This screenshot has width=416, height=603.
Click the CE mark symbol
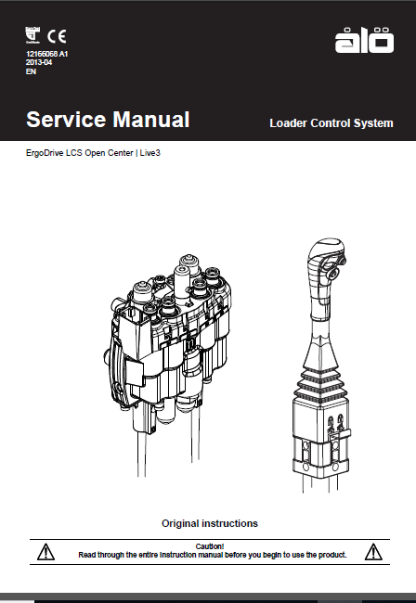pyautogui.click(x=57, y=36)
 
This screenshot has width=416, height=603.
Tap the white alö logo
pyautogui.click(x=364, y=40)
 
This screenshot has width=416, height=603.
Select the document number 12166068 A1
pyautogui.click(x=47, y=54)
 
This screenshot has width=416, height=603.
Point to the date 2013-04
pyautogui.click(x=39, y=62)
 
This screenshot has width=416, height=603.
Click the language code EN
pyautogui.click(x=31, y=71)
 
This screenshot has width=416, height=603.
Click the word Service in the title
pyautogui.click(x=66, y=120)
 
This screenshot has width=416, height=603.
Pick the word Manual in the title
pyautogui.click(x=151, y=120)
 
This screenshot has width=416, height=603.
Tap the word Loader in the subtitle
pyautogui.click(x=288, y=123)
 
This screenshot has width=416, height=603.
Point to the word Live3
pyautogui.click(x=149, y=153)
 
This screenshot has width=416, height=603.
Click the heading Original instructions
pyautogui.click(x=210, y=523)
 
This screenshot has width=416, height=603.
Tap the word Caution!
pyautogui.click(x=210, y=546)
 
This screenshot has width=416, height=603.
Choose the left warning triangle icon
pyautogui.click(x=45, y=552)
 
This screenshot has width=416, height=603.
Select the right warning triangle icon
pyautogui.click(x=373, y=552)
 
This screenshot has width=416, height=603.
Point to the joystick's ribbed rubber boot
pyautogui.click(x=320, y=386)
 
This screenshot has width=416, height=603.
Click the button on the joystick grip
pyautogui.click(x=333, y=273)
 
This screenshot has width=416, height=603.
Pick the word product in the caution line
pyautogui.click(x=331, y=555)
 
